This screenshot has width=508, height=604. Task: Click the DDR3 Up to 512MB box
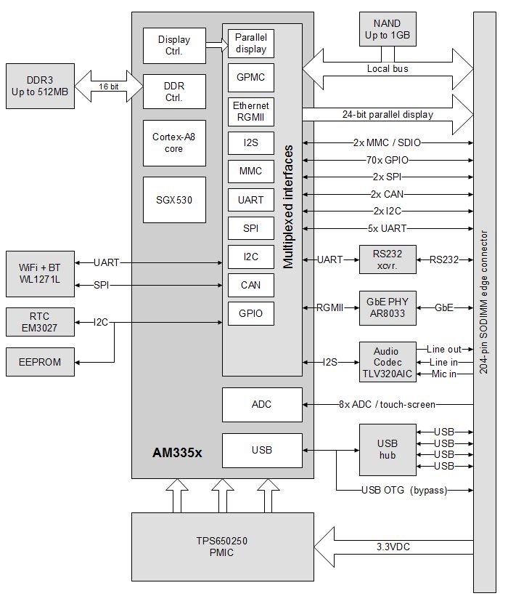pyautogui.click(x=39, y=86)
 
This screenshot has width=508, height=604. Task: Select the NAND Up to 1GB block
pyautogui.click(x=387, y=29)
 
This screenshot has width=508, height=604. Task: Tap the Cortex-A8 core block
pyautogui.click(x=173, y=143)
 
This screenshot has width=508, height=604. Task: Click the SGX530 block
pyautogui.click(x=173, y=199)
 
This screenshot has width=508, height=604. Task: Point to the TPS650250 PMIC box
pyautogui.click(x=224, y=547)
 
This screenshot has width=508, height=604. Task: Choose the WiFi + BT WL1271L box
pyautogui.click(x=39, y=274)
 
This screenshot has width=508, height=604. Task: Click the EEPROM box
pyautogui.click(x=39, y=361)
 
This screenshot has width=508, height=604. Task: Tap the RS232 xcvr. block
pyautogui.click(x=388, y=259)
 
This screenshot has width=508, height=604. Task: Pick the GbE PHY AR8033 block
pyautogui.click(x=388, y=307)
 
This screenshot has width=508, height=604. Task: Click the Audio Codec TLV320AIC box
pyautogui.click(x=388, y=361)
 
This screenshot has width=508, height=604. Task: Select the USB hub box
pyautogui.click(x=388, y=449)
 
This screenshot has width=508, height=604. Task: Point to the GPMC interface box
pyautogui.click(x=251, y=77)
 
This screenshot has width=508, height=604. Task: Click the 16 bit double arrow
pyautogui.click(x=108, y=86)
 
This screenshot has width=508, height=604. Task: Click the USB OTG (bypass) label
pyautogui.click(x=403, y=490)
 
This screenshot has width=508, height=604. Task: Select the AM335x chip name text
pyautogui.click(x=177, y=452)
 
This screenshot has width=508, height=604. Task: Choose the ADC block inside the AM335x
pyautogui.click(x=261, y=404)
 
